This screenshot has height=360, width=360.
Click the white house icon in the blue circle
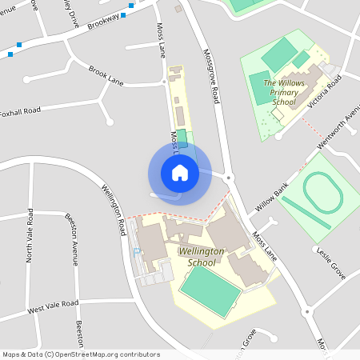[179, 172]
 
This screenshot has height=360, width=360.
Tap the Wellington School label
[197, 257]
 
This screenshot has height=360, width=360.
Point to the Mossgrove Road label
[214, 80]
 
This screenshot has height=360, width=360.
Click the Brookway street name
[102, 19]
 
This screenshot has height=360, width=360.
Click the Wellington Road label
[114, 210]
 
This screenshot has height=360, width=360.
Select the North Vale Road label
[30, 235]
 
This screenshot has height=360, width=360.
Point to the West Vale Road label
[53, 306]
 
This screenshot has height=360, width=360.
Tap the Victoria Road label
[323, 92]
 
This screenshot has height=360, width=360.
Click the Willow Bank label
[271, 196]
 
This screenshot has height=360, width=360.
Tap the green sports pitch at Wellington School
[210, 287]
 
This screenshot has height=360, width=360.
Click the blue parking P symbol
[137, 251]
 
